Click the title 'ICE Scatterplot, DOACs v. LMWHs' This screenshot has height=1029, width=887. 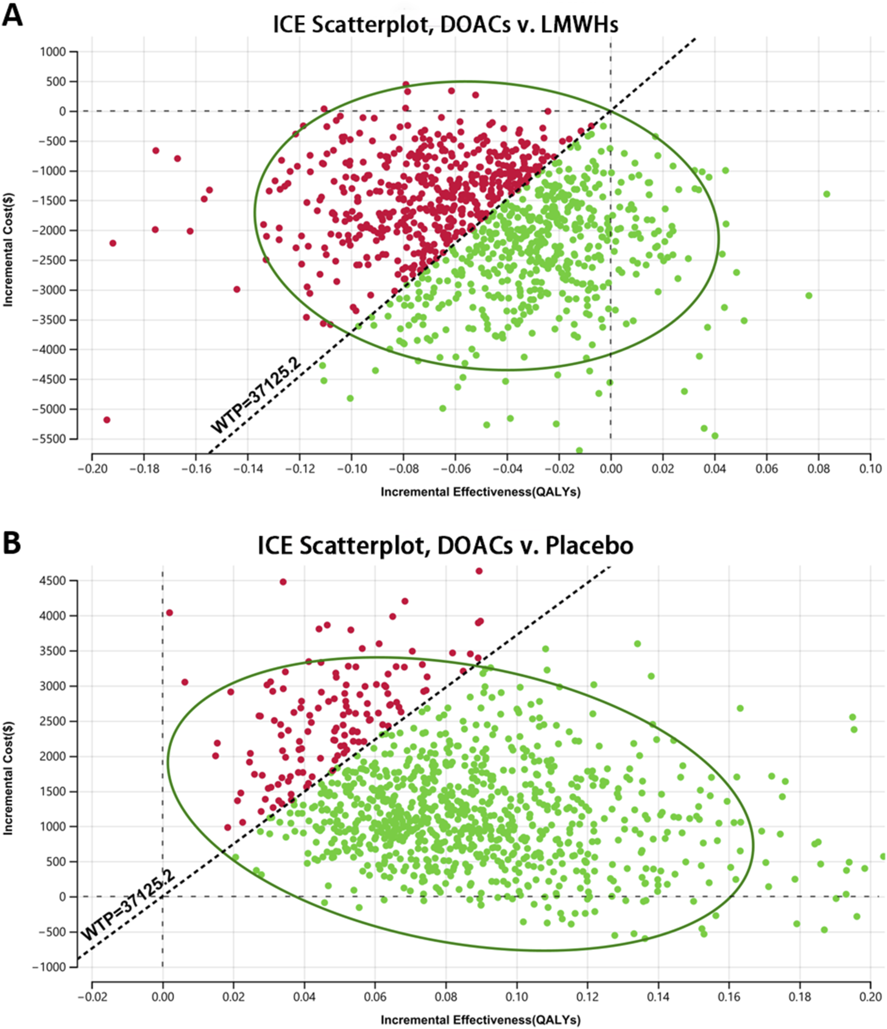point(445,25)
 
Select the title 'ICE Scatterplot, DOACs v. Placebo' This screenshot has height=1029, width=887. point(445,545)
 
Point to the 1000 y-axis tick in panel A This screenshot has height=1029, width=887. point(53,52)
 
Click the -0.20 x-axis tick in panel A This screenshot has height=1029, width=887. point(91,469)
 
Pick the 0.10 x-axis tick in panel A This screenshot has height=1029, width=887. point(871,469)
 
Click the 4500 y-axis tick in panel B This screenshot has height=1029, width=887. point(53,581)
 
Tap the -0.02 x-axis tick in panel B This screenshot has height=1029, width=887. point(91,997)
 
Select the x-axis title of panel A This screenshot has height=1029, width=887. point(480,492)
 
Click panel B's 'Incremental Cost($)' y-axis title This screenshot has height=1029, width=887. point(8,778)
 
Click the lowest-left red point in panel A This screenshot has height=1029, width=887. point(107,420)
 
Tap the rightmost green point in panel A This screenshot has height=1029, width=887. point(827,194)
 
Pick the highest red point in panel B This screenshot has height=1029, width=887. point(479,571)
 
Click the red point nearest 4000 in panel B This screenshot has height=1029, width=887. point(169,613)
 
